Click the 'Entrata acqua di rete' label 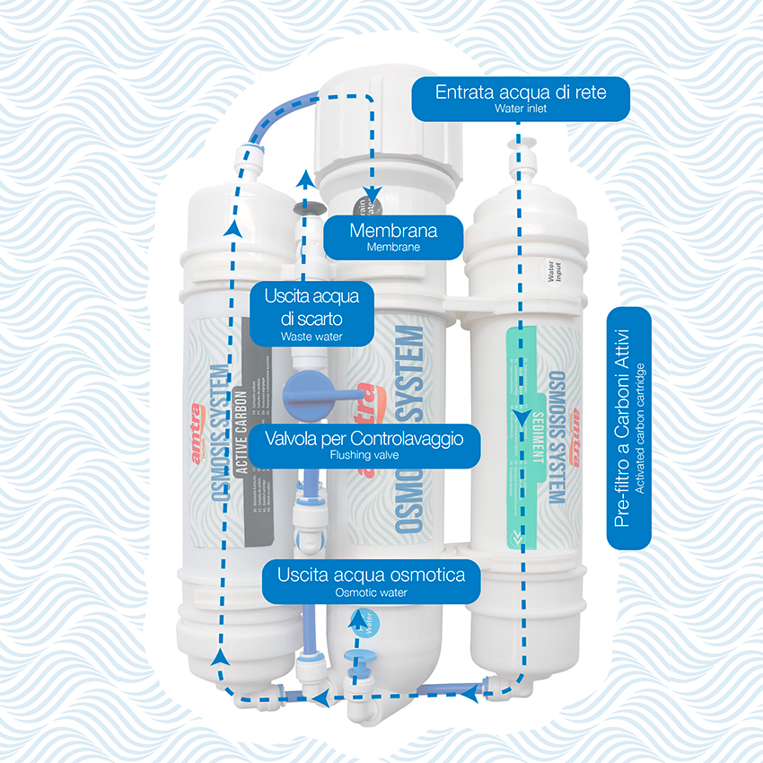tap(521, 93)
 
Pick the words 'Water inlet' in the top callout tap(520, 109)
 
